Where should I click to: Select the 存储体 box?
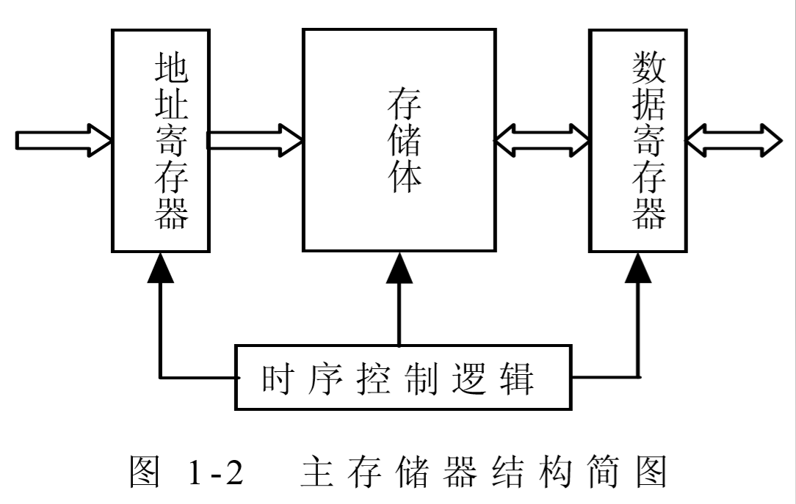click(x=399, y=139)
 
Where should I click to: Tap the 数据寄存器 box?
click(x=637, y=139)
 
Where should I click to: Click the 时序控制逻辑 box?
click(x=402, y=378)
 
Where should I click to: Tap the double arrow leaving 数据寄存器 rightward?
click(x=734, y=139)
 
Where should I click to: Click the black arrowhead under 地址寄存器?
click(x=160, y=269)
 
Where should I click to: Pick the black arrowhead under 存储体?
click(x=399, y=269)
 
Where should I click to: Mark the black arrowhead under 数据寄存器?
click(x=637, y=269)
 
